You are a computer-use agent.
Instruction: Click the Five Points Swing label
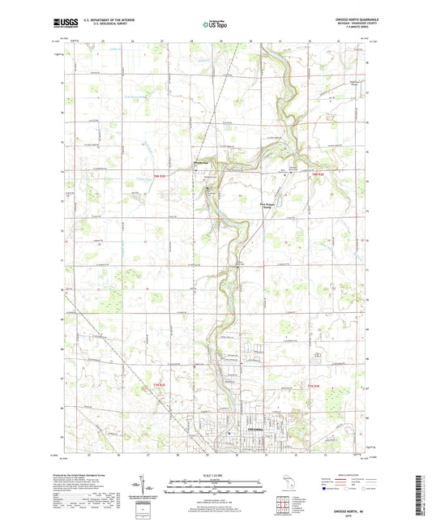pyautogui.click(x=271, y=205)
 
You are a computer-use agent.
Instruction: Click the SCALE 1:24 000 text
pyautogui.click(x=215, y=476)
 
